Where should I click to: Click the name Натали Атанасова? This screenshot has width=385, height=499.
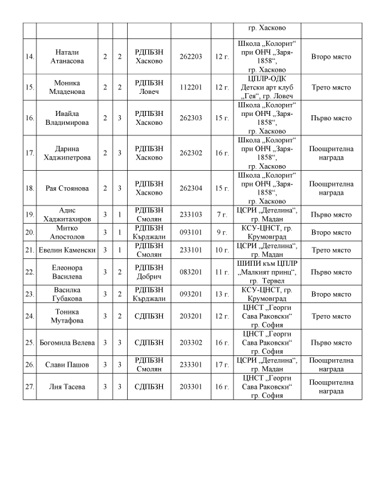click(67, 57)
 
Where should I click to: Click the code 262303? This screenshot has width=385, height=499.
click(191, 118)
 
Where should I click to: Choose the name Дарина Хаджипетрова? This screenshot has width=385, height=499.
click(67, 152)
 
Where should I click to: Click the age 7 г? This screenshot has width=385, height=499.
click(221, 214)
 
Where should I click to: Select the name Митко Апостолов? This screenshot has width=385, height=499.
click(67, 232)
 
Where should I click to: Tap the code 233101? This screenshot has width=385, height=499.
click(191, 250)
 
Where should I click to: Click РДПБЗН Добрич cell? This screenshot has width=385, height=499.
click(148, 272)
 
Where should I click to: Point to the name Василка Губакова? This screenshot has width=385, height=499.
click(67, 294)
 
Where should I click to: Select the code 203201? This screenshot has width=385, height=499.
click(191, 316)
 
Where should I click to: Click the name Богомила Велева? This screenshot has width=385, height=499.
click(67, 342)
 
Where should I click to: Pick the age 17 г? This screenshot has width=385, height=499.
click(221, 364)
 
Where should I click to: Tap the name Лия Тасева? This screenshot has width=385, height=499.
click(67, 386)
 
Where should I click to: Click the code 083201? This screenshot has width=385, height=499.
click(191, 272)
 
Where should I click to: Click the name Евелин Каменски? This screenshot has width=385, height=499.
click(67, 250)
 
